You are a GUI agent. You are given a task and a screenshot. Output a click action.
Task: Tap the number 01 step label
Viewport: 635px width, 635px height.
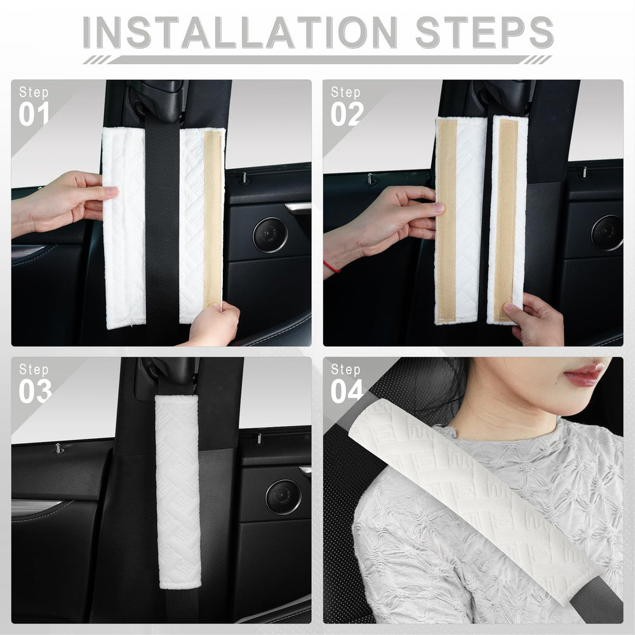pyautogui.click(x=34, y=114)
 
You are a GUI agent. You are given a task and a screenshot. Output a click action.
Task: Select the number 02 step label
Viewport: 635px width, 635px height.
pyautogui.click(x=346, y=114)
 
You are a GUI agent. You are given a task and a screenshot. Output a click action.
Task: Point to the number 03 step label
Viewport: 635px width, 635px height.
pyautogui.click(x=34, y=391)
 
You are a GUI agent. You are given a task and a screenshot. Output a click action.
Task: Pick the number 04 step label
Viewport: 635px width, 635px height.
pyautogui.click(x=346, y=391)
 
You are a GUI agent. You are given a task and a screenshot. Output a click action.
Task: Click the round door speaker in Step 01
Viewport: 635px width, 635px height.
pyautogui.click(x=270, y=235)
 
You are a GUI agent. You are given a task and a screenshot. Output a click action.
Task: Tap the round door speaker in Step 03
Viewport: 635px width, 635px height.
pyautogui.click(x=283, y=497)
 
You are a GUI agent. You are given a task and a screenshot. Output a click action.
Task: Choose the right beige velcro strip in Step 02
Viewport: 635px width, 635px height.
pyautogui.click(x=507, y=219)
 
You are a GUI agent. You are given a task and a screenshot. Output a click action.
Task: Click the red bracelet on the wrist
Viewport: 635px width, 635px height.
pyautogui.click(x=331, y=266)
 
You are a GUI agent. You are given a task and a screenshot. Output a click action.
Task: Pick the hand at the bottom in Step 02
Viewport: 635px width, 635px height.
pyautogui.click(x=535, y=321)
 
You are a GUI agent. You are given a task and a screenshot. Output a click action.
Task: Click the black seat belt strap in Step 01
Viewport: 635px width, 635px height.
pyautogui.click(x=163, y=222)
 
